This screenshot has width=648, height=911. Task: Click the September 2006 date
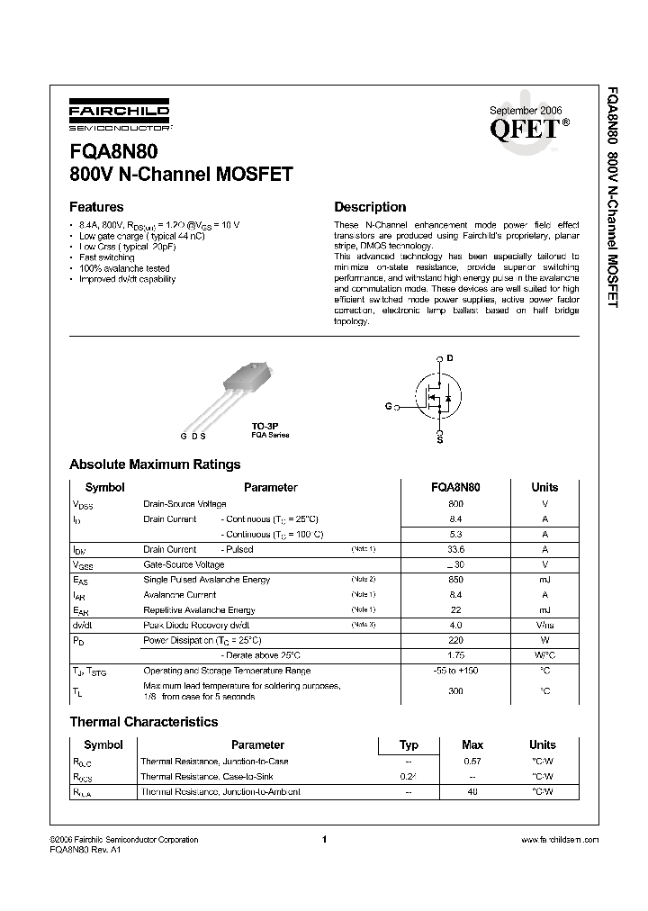pyautogui.click(x=525, y=109)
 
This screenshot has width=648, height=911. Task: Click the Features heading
pyautogui.click(x=96, y=206)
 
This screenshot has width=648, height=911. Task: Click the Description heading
pyautogui.click(x=370, y=206)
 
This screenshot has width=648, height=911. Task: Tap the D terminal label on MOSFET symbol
pyautogui.click(x=450, y=358)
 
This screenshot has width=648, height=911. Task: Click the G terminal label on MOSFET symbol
pyautogui.click(x=389, y=406)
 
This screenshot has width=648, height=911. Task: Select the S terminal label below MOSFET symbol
pyautogui.click(x=439, y=440)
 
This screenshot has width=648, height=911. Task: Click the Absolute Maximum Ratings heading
pyautogui.click(x=155, y=465)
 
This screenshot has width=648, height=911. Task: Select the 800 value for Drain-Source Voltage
pyautogui.click(x=455, y=504)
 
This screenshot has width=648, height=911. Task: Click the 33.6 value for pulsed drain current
pyautogui.click(x=455, y=549)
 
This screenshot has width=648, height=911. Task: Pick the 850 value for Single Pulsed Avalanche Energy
pyautogui.click(x=455, y=580)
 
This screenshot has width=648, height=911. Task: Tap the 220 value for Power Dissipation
pyautogui.click(x=455, y=640)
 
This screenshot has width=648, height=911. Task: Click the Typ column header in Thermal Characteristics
pyautogui.click(x=409, y=744)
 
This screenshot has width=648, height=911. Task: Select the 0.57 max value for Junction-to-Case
pyautogui.click(x=472, y=761)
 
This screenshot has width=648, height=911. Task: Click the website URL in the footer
pyautogui.click(x=559, y=839)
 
